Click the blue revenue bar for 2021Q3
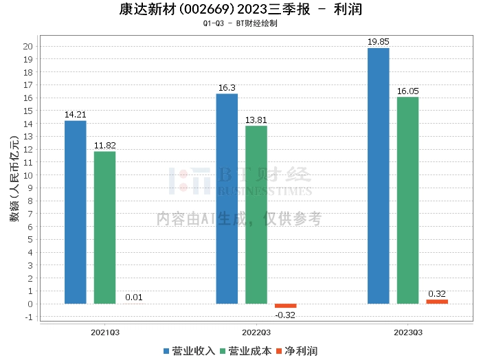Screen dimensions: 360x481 pyautogui.click(x=76, y=212)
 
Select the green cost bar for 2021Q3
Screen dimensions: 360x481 pyautogui.click(x=104, y=227)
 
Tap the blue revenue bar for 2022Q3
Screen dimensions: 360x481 pyautogui.click(x=227, y=199)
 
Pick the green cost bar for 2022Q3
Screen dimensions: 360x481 pyautogui.click(x=256, y=214)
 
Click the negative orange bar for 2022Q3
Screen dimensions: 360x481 pyautogui.click(x=286, y=306)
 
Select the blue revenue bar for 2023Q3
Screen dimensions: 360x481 pyautogui.click(x=379, y=176)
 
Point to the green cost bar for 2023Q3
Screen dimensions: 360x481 pyautogui.click(x=407, y=200)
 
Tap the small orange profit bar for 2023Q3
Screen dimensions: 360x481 pyautogui.click(x=437, y=302)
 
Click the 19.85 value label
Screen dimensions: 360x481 pyautogui.click(x=379, y=42)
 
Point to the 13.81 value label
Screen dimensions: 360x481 pyautogui.click(x=256, y=120)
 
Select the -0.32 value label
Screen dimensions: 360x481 pyautogui.click(x=286, y=315)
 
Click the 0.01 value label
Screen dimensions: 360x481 pyautogui.click(x=134, y=297)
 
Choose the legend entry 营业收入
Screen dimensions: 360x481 pyautogui.click(x=189, y=351)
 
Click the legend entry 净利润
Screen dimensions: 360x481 pyautogui.click(x=297, y=351)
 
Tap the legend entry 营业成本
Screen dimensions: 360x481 pyautogui.click(x=245, y=351)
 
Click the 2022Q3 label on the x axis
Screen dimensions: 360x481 pyautogui.click(x=256, y=331)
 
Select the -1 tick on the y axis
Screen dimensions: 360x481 pyautogui.click(x=29, y=317)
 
